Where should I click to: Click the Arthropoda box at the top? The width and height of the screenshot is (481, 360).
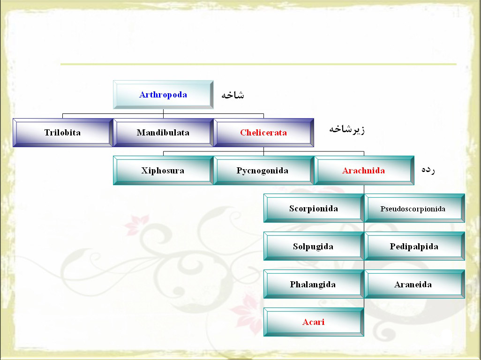[163, 95]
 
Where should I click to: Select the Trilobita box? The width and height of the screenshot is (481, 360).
[63, 133]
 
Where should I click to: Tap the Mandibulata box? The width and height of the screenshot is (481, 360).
[163, 133]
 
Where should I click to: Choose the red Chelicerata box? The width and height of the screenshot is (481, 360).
[263, 133]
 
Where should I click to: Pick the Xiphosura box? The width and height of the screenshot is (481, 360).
[163, 171]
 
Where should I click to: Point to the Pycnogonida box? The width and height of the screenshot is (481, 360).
[263, 171]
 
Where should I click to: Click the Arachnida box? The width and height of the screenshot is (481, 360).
[364, 171]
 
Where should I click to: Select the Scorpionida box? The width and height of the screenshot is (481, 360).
[314, 208]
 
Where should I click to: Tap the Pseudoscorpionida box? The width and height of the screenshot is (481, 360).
[414, 208]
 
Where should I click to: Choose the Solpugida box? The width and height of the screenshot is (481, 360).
[314, 246]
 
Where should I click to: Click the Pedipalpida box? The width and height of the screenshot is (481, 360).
[414, 246]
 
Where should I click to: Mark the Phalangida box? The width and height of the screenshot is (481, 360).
[314, 284]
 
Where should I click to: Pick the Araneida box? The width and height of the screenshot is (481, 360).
[414, 284]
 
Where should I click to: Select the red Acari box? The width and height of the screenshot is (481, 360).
[314, 322]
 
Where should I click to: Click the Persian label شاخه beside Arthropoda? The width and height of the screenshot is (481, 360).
[233, 95]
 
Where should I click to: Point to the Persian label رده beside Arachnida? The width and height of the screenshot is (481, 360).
[428, 170]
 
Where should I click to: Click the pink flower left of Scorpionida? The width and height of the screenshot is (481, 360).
[137, 225]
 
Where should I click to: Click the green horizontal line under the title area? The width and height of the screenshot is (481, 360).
[258, 64]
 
